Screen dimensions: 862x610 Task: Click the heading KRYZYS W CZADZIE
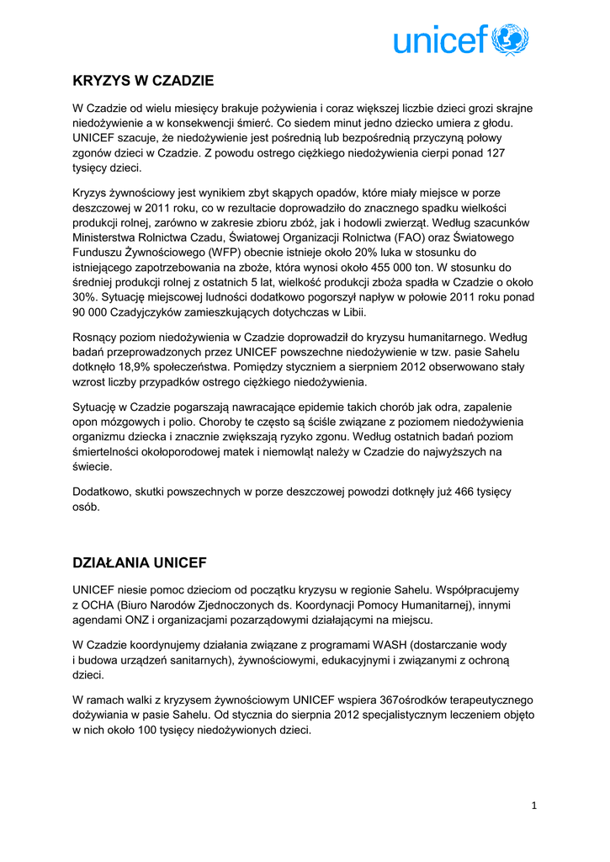click(144, 81)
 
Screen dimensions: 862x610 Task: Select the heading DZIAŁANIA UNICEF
click(140, 562)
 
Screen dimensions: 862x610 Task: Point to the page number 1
click(533, 806)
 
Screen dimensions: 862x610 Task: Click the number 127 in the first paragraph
click(496, 153)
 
